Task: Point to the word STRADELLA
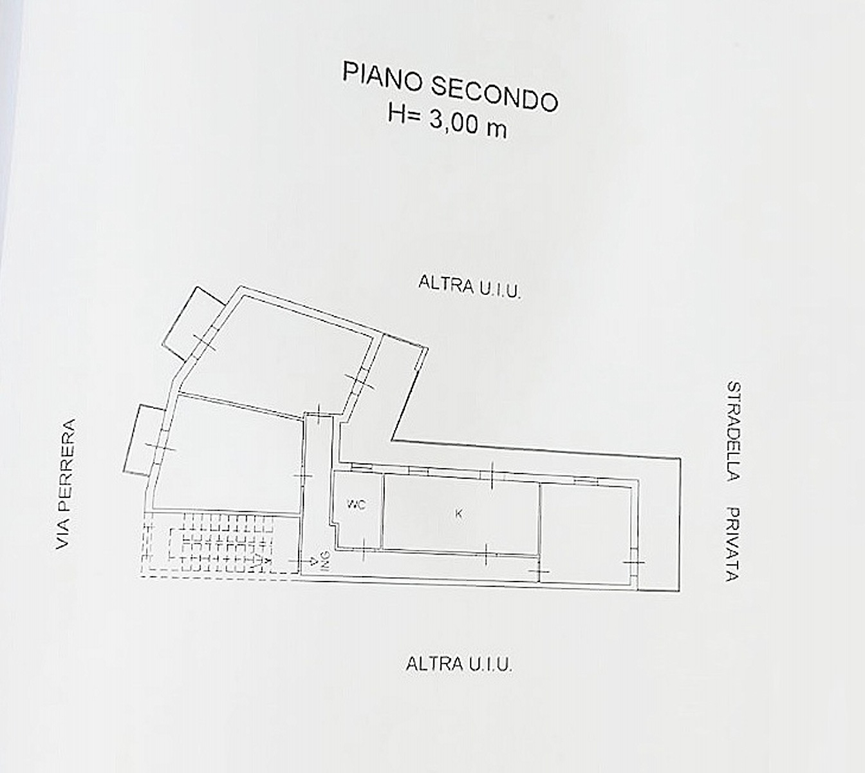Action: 734,431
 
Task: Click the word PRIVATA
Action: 732,544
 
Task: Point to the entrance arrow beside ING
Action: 303,560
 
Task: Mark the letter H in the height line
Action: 396,113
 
